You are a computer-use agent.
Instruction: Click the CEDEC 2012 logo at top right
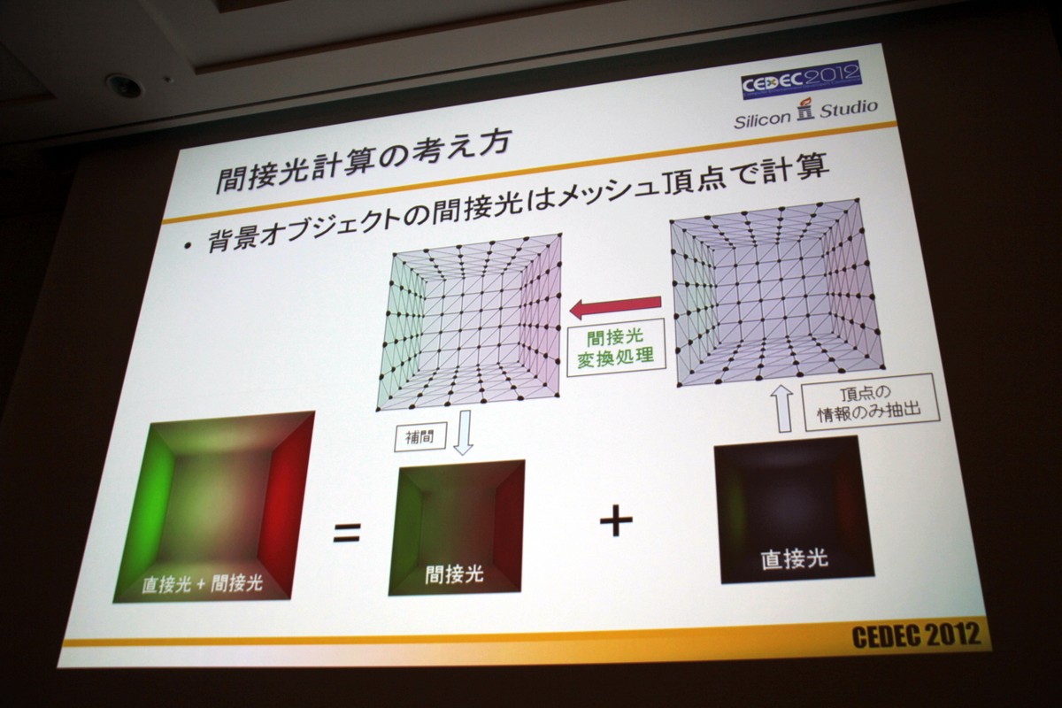click(802, 81)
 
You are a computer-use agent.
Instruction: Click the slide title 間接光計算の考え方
click(362, 162)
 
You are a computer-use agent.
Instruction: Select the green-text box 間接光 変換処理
click(616, 348)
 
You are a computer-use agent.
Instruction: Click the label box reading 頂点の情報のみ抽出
click(871, 402)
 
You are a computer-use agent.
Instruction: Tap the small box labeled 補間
click(420, 438)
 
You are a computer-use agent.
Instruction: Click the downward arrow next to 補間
click(463, 432)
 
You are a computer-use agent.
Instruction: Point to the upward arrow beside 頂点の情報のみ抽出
click(783, 408)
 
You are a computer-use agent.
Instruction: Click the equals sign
click(347, 533)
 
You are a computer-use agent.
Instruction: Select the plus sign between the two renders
click(615, 519)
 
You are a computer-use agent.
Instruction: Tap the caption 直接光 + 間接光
click(202, 584)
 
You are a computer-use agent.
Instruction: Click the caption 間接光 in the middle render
click(454, 574)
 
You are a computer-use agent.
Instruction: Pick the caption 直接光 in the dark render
click(794, 558)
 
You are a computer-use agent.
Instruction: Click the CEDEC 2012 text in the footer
click(915, 635)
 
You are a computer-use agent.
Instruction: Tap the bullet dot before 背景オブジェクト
click(189, 247)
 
